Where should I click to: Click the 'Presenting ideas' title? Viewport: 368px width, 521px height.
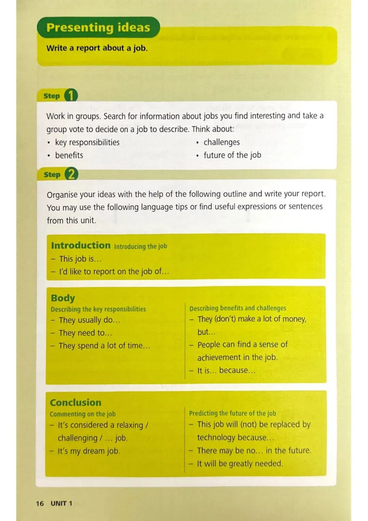(98, 27)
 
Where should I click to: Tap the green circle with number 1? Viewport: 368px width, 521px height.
(71, 95)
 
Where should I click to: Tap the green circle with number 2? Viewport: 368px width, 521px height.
(71, 174)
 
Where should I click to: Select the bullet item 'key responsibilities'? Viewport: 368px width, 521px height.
(87, 142)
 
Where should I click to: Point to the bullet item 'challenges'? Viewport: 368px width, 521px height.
(221, 142)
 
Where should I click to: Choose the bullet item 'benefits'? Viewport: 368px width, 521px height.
(69, 155)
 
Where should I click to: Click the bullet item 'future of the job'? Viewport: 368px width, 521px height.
(232, 155)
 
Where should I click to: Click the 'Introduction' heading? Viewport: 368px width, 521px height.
(81, 245)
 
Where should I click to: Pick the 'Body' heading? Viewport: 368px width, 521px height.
(63, 298)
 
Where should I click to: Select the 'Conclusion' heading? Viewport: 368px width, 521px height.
(76, 402)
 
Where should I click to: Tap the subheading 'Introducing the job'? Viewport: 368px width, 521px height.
(140, 247)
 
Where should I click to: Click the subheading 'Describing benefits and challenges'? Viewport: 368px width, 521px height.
(238, 308)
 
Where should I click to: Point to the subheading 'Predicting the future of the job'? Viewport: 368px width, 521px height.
(232, 413)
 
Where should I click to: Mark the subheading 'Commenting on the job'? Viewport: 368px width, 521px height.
(83, 414)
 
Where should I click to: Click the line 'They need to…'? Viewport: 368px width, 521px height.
(85, 333)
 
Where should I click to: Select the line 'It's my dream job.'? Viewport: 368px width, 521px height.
(89, 451)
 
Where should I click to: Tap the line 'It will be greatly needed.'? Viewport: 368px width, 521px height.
(240, 464)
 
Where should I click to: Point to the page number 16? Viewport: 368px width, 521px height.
(40, 503)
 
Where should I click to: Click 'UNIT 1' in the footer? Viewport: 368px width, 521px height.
(61, 503)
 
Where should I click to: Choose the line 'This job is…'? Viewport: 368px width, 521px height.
(80, 259)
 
